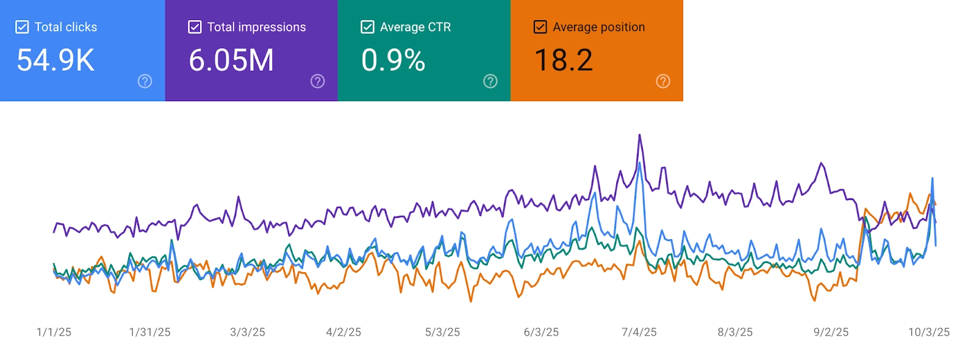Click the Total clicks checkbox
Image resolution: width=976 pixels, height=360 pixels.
coord(22,27)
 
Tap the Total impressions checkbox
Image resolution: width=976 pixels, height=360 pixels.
coord(195,27)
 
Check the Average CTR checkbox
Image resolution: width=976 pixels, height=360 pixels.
coord(367,27)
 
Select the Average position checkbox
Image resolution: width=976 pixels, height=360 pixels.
coord(540,27)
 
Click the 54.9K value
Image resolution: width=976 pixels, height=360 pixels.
coord(56,60)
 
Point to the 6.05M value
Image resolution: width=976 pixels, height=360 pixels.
coord(231,60)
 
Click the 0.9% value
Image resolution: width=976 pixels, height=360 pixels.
coord(393,60)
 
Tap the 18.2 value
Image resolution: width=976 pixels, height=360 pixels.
coord(563,60)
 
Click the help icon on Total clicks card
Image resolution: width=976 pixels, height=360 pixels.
coord(145,81)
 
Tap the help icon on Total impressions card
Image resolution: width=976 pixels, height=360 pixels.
coord(317,81)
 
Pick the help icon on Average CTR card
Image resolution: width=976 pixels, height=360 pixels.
coord(490,81)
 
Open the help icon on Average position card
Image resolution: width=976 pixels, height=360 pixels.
coord(662,81)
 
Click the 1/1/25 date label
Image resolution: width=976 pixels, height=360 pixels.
coord(54,332)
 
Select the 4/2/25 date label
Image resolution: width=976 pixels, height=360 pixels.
coord(343,332)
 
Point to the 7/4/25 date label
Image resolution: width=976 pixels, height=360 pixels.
coord(639,332)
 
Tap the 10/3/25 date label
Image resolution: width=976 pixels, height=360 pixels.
coord(928,332)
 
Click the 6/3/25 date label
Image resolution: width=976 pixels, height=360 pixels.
coord(541,332)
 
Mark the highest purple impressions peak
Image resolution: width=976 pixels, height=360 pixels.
coord(639,135)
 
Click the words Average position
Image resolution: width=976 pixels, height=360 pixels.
coord(598,27)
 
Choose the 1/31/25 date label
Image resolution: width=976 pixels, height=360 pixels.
coord(149,332)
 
